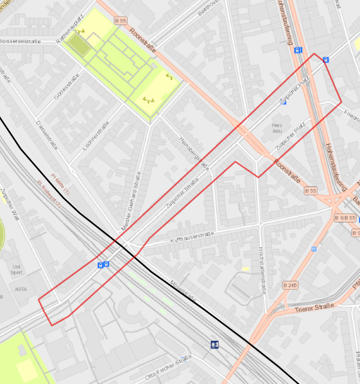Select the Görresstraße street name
pyautogui.click(x=66, y=87)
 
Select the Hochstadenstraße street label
pyautogui.click(x=262, y=270)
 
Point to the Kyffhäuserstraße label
pyautogui.click(x=191, y=237)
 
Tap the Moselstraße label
pyautogui.click(x=182, y=292)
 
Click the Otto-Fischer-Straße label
pyautogui.click(x=168, y=367)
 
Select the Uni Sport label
pyautogui.click(x=16, y=270)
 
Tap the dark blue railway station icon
pyautogui.click(x=214, y=345)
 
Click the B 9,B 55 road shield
pyautogui.click(x=345, y=219)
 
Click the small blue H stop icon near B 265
pyautogui.click(x=314, y=249)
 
